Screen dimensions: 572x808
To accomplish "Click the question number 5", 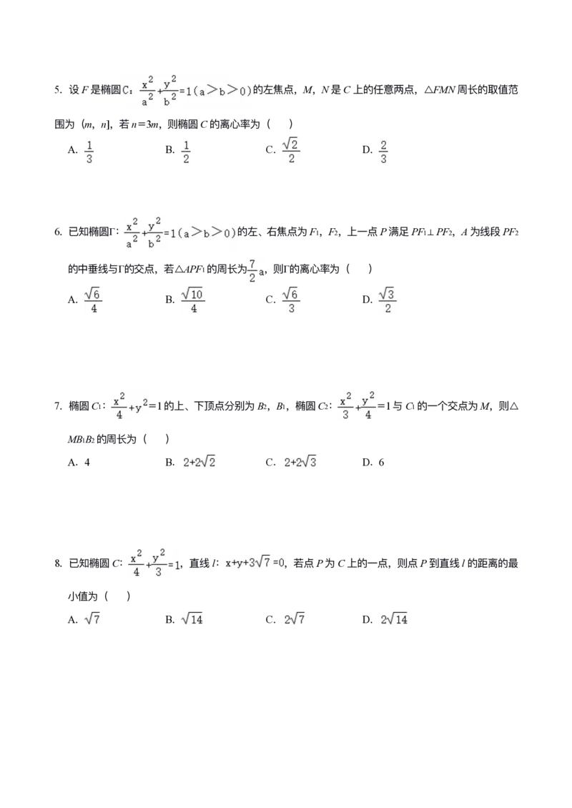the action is point(58,90).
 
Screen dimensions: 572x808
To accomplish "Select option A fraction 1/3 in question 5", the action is point(89,151).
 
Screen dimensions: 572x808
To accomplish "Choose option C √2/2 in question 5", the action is point(291,150).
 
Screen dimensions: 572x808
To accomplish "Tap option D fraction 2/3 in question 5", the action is point(383,151).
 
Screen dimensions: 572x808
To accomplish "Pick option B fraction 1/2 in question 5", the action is point(186,151).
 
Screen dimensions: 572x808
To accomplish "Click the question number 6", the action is point(58,232).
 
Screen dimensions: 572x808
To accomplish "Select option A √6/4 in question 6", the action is point(93,300).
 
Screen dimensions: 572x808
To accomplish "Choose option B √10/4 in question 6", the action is point(193,300).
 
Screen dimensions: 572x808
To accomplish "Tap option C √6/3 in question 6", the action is point(291,300).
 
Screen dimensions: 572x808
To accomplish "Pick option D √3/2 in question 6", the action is point(388,300).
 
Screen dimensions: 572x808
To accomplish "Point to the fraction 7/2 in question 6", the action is point(252,270).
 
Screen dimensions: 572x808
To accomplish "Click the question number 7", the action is point(58,407).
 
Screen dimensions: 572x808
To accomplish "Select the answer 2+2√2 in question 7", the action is point(199,462).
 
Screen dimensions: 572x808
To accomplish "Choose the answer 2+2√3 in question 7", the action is point(300,462).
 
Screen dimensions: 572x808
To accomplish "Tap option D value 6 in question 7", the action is point(381,462).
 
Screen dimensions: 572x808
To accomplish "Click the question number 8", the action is point(58,563).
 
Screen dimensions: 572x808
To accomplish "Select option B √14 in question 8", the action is point(192,619).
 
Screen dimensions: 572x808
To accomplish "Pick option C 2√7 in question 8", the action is point(295,619).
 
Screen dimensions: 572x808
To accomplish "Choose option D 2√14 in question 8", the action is point(394,619).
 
